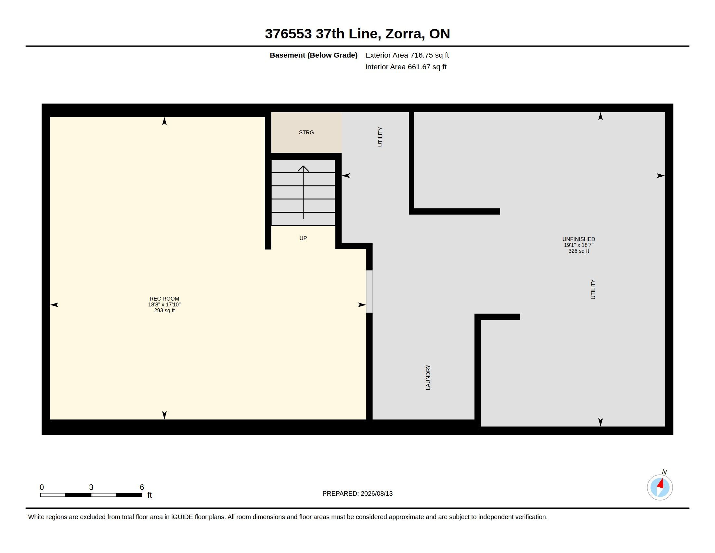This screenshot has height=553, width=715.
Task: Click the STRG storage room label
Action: point(306,132)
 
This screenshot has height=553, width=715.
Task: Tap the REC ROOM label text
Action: point(164,299)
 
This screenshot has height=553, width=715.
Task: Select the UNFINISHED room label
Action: point(578,239)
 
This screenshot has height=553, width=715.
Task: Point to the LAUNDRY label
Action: point(428,377)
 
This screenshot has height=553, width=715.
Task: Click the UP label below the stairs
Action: point(303,238)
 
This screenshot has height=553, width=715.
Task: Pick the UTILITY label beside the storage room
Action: point(380,137)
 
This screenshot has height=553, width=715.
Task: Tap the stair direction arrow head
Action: point(303,169)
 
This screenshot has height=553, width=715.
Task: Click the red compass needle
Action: point(661,483)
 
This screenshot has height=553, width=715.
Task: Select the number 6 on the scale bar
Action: point(142,487)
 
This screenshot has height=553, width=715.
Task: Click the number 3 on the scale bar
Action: point(91,487)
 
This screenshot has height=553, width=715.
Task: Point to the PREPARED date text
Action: point(357,493)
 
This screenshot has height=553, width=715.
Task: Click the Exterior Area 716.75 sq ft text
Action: point(407,55)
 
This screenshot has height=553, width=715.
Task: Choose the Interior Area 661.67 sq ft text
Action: point(406,67)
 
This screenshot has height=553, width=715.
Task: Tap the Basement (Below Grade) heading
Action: point(313,55)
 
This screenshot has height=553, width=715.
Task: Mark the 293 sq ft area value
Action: point(164,311)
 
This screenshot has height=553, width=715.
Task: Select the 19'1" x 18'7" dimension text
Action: point(578,245)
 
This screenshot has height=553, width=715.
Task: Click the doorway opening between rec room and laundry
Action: point(369,291)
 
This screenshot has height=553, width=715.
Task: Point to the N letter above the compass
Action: point(664,472)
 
